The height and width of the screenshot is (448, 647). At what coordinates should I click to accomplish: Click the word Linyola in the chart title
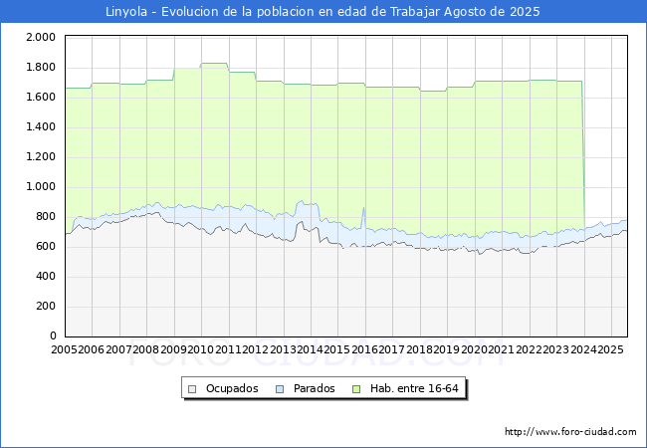pos(126,12)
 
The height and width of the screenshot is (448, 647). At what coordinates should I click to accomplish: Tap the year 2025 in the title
pos(525,12)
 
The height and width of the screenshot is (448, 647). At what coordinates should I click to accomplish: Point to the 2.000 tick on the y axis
pos(41,37)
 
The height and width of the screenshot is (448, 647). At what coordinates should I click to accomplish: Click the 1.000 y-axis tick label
pos(41,186)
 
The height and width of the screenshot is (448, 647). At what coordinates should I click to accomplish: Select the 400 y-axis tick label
pos(46,276)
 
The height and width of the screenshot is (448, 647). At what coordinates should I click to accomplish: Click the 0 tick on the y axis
pos(53,336)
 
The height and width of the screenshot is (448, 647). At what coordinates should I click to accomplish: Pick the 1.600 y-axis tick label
pos(41,97)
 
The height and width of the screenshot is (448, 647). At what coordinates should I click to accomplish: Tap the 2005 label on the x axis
pos(64,349)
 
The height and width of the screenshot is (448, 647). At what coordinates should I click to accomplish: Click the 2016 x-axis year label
pos(364,349)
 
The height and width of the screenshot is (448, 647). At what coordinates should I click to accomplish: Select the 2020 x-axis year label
pos(474,349)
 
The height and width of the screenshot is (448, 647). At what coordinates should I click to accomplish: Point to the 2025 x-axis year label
pos(611,349)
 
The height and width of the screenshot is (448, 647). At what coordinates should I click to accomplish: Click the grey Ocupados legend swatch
pos(192,389)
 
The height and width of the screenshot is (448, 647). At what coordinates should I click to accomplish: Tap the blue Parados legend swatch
pos(280,389)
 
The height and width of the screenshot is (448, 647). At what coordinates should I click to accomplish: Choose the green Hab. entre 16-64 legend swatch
pos(356,389)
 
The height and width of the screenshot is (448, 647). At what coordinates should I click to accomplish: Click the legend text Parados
pos(314,388)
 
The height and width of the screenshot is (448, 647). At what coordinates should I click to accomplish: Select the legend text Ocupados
pos(232,388)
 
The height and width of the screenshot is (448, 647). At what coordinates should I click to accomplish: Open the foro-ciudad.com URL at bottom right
pos(570,432)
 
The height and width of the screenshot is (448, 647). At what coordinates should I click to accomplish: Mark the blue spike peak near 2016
pos(363,207)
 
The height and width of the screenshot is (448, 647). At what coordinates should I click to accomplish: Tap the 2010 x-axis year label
pos(201,349)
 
